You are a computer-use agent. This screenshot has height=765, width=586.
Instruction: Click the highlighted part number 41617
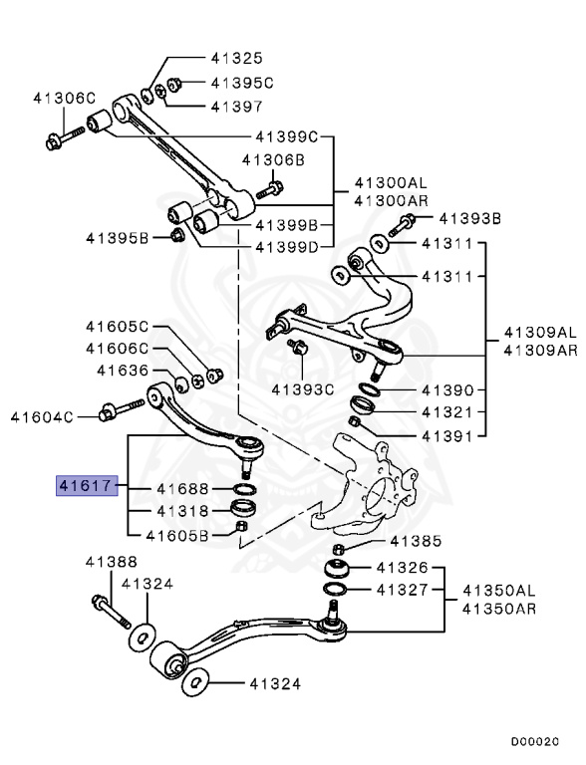tap(87, 487)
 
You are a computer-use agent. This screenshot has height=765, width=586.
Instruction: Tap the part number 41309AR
tap(539, 350)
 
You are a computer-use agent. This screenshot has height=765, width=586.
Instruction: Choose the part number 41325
tap(236, 58)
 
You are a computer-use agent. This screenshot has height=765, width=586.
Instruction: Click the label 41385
tap(414, 542)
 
